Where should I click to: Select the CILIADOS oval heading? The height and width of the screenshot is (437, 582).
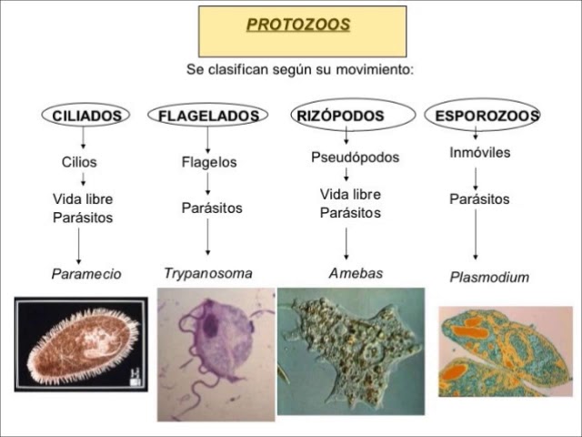tap(86, 116)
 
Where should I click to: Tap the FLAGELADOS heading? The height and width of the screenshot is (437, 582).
tap(208, 116)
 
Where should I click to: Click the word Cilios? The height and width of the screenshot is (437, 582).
tap(79, 162)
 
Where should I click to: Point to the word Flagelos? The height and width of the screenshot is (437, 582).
tap(209, 162)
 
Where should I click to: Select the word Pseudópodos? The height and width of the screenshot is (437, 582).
tap(355, 158)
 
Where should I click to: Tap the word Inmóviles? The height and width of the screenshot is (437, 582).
tap(479, 153)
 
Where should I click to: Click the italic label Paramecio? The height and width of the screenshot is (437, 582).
tap(85, 273)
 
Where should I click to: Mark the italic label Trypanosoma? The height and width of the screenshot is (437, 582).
tap(207, 273)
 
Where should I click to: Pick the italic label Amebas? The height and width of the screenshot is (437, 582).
tap(356, 273)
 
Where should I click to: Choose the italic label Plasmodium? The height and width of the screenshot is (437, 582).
tap(489, 277)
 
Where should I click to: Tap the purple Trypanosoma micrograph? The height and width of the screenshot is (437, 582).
tap(216, 353)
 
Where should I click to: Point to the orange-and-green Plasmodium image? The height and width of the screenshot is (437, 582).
tap(505, 351)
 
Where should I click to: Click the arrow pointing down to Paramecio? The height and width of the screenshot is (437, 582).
tap(79, 246)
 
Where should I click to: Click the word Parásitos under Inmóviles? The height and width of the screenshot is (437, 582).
tap(479, 198)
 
